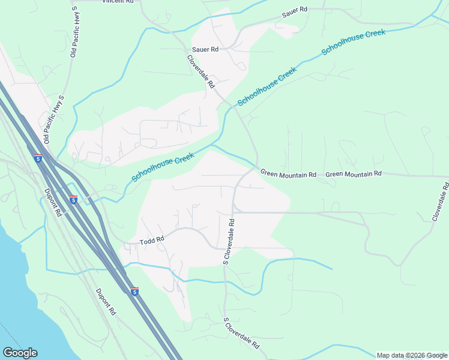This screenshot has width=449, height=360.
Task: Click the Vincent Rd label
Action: pyautogui.click(x=118, y=2)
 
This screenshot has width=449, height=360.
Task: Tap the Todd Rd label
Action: pyautogui.click(x=152, y=241)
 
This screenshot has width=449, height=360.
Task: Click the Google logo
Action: pyautogui.click(x=20, y=353)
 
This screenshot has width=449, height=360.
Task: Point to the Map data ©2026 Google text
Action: pyautogui.click(x=412, y=355)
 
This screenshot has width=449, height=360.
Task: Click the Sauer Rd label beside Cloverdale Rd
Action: pyautogui.click(x=205, y=49)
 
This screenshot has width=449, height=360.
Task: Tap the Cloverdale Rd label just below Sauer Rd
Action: pyautogui.click(x=201, y=72)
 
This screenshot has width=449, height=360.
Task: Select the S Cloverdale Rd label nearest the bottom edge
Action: pyautogui.click(x=241, y=334)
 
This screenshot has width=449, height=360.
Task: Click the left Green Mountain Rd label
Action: pyautogui.click(x=288, y=174)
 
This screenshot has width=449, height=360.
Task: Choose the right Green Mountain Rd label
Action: pyautogui.click(x=354, y=174)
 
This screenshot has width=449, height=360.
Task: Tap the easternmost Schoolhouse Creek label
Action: pyautogui.click(x=353, y=42)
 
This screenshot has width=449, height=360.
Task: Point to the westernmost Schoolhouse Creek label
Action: pyautogui.click(x=163, y=167)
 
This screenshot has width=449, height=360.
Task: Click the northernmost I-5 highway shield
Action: pyautogui.click(x=38, y=159)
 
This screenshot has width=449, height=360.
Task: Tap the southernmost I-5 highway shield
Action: pyautogui.click(x=134, y=292)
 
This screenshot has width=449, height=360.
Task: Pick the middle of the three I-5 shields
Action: pyautogui.click(x=73, y=199)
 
